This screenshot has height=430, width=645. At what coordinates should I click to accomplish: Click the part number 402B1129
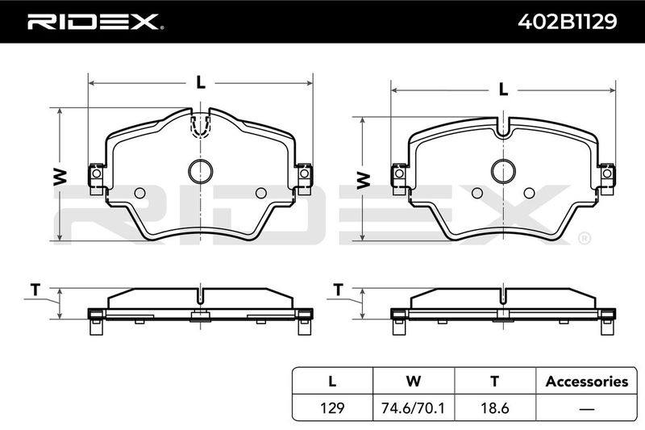(568, 22)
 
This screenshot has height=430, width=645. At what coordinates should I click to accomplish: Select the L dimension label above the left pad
(200, 83)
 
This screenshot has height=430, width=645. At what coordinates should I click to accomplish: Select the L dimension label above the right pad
(503, 90)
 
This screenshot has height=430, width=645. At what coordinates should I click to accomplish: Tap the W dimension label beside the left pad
(60, 177)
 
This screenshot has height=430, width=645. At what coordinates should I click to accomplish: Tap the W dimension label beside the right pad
(364, 181)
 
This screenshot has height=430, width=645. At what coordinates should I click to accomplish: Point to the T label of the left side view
(35, 290)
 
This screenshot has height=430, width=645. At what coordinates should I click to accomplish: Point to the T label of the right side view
(338, 290)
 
